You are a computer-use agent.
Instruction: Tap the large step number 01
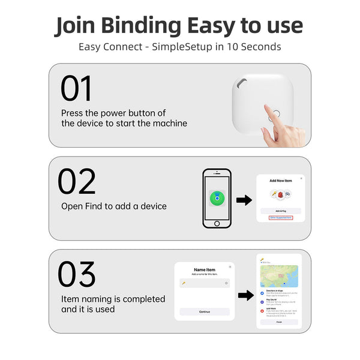[x=76, y=89]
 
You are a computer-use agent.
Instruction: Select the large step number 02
[x=77, y=181]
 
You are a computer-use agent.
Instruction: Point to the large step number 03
[x=77, y=275]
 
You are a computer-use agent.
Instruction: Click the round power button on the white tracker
[x=275, y=113]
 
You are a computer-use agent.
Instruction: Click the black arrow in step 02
[x=244, y=200]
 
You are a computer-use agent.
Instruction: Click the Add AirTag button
[x=280, y=211]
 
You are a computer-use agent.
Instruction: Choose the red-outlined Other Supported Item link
[x=280, y=218]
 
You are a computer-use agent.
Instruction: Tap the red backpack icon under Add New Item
[x=280, y=194]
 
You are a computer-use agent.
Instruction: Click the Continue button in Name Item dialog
[x=205, y=311]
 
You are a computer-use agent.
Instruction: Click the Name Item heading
[x=204, y=269]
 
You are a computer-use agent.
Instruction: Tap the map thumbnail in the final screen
[x=280, y=275]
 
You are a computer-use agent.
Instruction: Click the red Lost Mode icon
[x=262, y=311]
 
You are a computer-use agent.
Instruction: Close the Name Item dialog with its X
[x=229, y=266]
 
